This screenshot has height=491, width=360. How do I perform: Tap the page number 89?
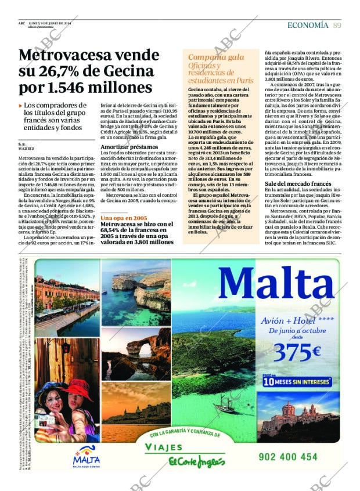(337, 26)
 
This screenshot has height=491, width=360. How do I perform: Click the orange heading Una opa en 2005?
(124, 218)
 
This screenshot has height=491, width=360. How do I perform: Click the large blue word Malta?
(278, 284)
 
